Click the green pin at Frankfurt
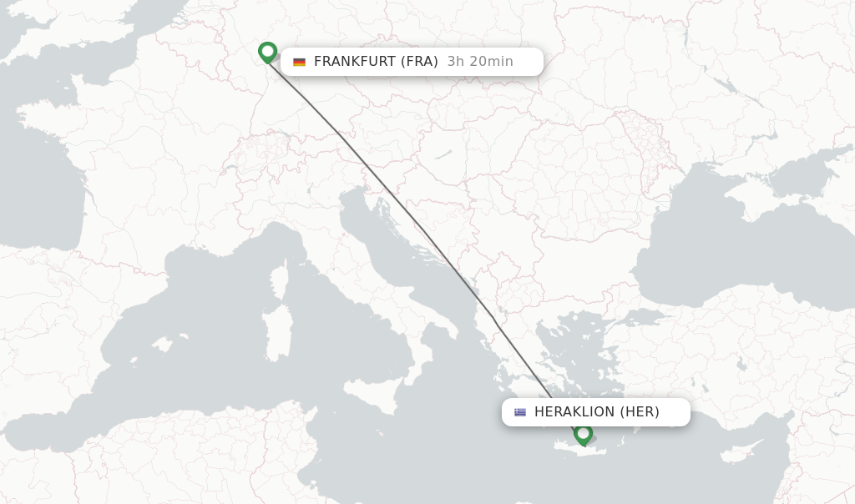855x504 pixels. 267,52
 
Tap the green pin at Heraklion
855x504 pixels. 583,433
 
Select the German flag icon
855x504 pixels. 299,62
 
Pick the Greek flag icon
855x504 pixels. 520,412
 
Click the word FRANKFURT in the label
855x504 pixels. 355,62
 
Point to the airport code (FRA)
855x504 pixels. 419,62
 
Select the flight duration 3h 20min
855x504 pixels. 480,62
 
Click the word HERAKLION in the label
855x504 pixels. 574,412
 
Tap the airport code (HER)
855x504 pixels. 639,412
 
